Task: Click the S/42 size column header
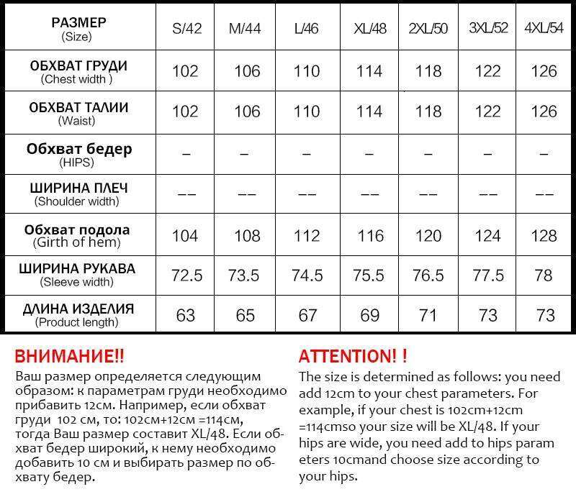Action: click(x=187, y=29)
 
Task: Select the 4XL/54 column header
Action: click(x=544, y=29)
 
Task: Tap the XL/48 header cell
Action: click(x=370, y=29)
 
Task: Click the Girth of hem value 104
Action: click(x=186, y=235)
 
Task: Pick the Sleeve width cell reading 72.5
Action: click(x=186, y=275)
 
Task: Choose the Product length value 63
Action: click(x=186, y=316)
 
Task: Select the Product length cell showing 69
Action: click(x=369, y=316)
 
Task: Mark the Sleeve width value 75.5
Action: click(x=369, y=275)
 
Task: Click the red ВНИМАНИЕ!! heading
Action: click(x=70, y=355)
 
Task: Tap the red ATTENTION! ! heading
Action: click(x=353, y=355)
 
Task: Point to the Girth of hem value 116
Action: click(x=369, y=235)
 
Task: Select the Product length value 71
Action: click(x=429, y=316)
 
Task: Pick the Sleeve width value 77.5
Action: click(x=488, y=275)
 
